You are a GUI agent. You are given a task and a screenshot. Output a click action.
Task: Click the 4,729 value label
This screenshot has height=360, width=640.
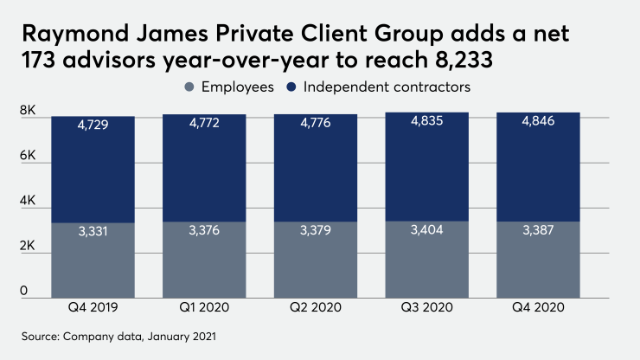point(93,125)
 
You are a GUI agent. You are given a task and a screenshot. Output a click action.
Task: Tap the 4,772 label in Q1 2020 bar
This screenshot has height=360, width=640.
point(204,125)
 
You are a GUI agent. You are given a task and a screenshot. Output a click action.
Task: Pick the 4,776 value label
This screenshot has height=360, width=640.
point(315,125)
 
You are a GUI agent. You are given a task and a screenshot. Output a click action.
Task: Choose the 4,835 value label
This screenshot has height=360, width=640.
point(426,122)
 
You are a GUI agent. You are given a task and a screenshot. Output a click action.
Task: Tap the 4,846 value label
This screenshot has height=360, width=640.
point(537,122)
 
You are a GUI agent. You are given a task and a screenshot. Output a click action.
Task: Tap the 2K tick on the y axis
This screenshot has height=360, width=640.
point(28,246)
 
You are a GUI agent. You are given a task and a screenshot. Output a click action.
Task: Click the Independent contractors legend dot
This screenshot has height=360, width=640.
point(291,87)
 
